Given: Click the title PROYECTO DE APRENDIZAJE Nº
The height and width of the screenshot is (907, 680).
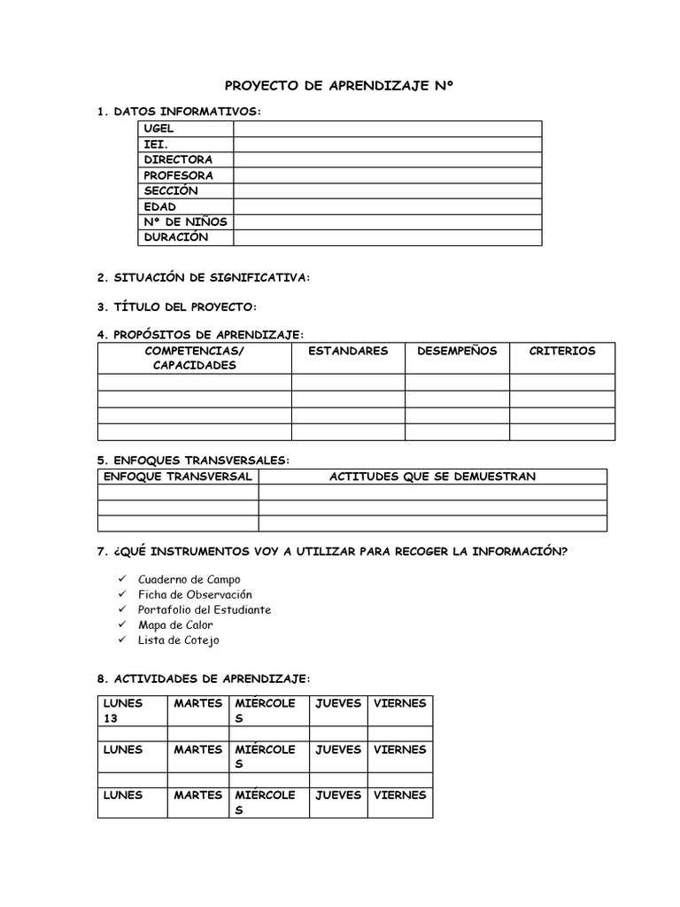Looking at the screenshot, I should click(340, 86).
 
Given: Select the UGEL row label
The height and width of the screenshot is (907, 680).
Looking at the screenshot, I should click(159, 129).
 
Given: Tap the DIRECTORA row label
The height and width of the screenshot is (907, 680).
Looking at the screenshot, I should click(178, 160).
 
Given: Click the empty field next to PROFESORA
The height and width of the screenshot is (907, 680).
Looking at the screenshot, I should click(388, 175).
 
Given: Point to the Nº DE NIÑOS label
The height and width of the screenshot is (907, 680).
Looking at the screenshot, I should click(185, 222).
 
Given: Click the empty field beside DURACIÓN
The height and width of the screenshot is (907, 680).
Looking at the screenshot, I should click(388, 237).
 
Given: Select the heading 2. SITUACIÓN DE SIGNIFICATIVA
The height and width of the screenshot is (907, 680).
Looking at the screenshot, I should click(204, 278).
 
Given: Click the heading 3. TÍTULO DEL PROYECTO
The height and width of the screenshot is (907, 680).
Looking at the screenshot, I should click(177, 306).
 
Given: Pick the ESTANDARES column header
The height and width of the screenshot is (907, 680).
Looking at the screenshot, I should click(348, 351).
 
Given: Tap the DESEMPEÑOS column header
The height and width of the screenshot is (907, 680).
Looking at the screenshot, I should click(457, 351).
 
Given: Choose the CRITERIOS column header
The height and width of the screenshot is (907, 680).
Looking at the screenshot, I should click(562, 351).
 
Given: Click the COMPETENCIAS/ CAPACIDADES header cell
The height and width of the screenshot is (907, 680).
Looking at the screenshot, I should click(194, 358).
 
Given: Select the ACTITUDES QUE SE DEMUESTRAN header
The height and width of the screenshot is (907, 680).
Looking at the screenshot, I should click(432, 477).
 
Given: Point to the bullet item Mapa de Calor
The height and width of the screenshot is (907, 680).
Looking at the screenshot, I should click(175, 624).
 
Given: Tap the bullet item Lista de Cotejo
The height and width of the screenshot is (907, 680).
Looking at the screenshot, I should click(178, 640).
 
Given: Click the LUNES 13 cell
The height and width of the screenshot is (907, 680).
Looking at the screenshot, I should click(132, 710).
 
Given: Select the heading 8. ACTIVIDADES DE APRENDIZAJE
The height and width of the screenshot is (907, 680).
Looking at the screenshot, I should click(204, 678).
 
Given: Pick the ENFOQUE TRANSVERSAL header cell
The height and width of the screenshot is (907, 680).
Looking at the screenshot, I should click(178, 477).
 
